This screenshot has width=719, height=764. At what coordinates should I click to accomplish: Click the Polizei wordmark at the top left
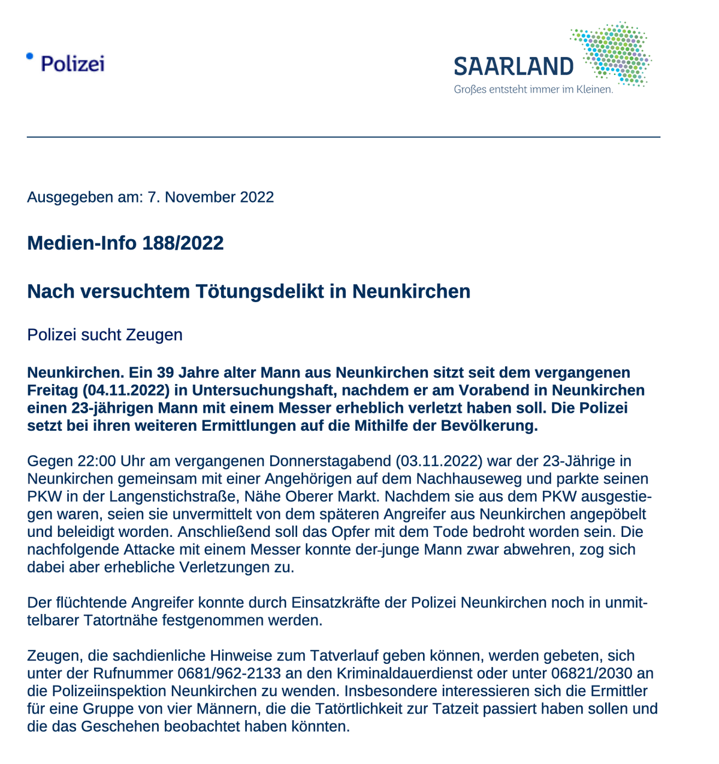point(72,63)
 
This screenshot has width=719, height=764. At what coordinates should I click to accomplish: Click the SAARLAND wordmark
point(513,67)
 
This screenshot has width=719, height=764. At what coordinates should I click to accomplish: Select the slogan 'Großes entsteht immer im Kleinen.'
point(533,90)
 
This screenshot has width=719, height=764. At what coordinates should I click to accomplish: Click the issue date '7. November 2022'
point(211,197)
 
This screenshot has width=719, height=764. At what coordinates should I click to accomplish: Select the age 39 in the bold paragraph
point(138,373)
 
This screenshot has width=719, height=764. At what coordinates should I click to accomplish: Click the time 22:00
point(97,461)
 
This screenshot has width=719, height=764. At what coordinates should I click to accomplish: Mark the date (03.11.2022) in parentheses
point(439,461)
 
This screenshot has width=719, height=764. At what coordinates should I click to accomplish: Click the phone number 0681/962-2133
point(229,674)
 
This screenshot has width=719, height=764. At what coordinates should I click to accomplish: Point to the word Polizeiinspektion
point(108,691)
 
